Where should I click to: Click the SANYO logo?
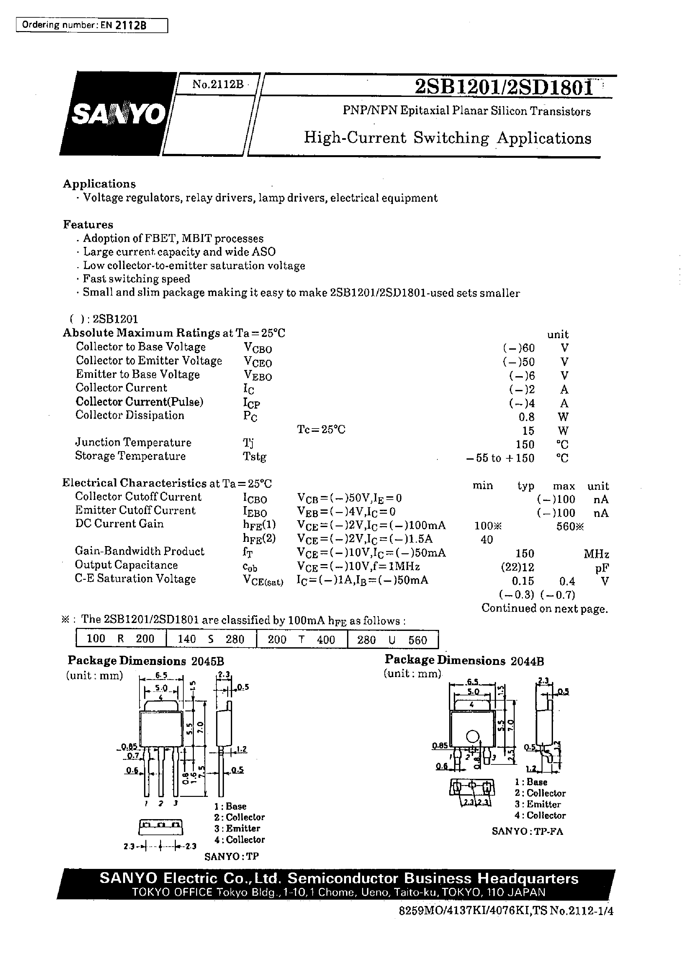[x=119, y=114]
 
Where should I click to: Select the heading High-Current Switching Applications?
[x=448, y=138]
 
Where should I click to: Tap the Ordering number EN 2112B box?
[x=91, y=25]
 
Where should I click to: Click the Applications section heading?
[x=100, y=184]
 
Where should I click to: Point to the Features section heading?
[x=88, y=225]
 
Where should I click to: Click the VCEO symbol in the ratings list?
[x=257, y=362]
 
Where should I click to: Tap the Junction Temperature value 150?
[x=525, y=444]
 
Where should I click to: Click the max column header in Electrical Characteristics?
[x=563, y=486]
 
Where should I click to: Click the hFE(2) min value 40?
[x=487, y=540]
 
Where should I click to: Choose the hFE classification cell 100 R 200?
[x=121, y=639]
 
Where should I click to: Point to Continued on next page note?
[x=544, y=608]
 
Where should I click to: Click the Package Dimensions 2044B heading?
[x=464, y=661]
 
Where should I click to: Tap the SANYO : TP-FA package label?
[x=527, y=831]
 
